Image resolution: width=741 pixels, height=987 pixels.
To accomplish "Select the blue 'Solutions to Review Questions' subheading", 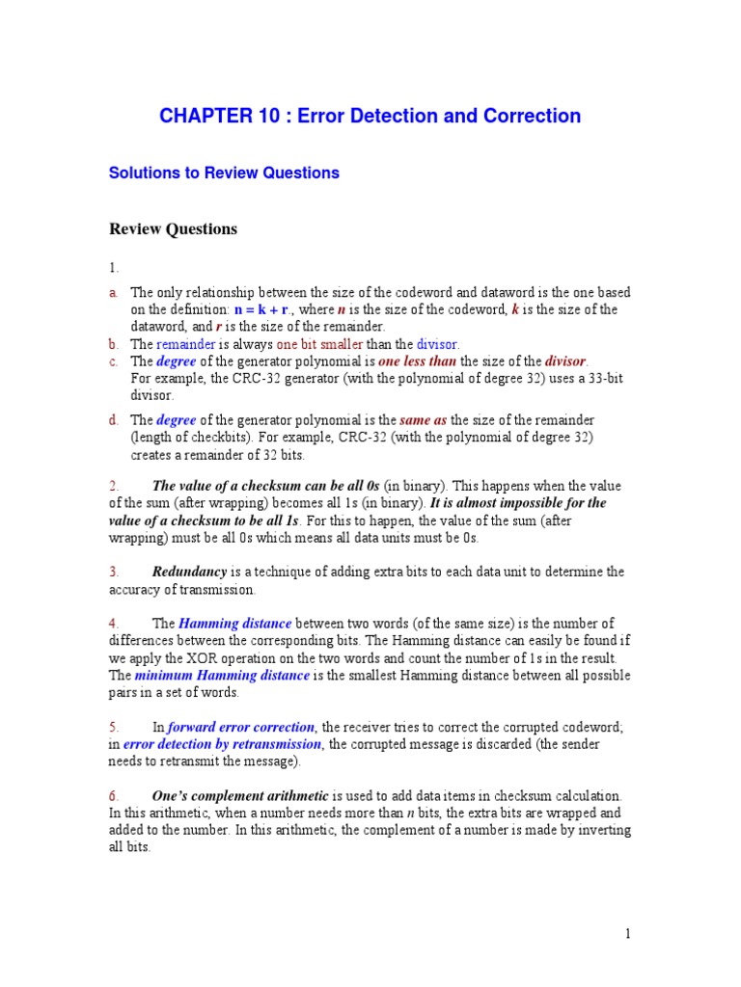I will coord(224,173).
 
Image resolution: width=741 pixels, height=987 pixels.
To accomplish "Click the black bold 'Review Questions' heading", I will coord(173,229).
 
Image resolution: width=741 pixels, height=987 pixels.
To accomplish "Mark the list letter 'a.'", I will coord(113,292).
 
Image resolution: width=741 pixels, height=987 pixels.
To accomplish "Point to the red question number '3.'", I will coord(114,572).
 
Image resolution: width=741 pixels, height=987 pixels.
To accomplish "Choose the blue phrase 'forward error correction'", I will coord(241,727).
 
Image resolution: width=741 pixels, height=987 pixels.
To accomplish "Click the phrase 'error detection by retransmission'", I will coord(222,744).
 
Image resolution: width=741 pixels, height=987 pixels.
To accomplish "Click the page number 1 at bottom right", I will coord(627,933).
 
